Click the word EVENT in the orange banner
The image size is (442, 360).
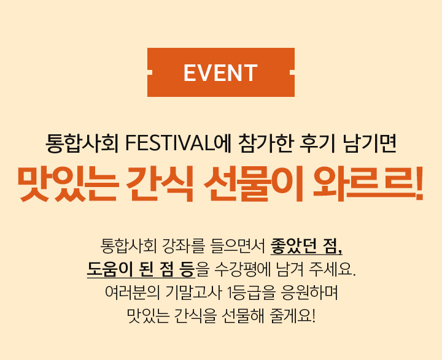click(x=221, y=73)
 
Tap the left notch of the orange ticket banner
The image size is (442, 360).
click(x=150, y=72)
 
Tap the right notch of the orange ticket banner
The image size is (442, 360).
click(x=292, y=72)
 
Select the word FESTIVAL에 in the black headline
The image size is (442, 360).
click(x=177, y=144)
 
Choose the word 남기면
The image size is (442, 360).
click(x=370, y=144)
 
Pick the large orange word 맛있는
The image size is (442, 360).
click(x=68, y=184)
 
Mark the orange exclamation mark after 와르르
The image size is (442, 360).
click(x=419, y=184)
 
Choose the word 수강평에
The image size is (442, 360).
click(x=242, y=269)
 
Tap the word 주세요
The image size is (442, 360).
click(x=332, y=269)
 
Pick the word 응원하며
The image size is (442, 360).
click(x=309, y=293)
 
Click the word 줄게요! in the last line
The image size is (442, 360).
click(x=292, y=316)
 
